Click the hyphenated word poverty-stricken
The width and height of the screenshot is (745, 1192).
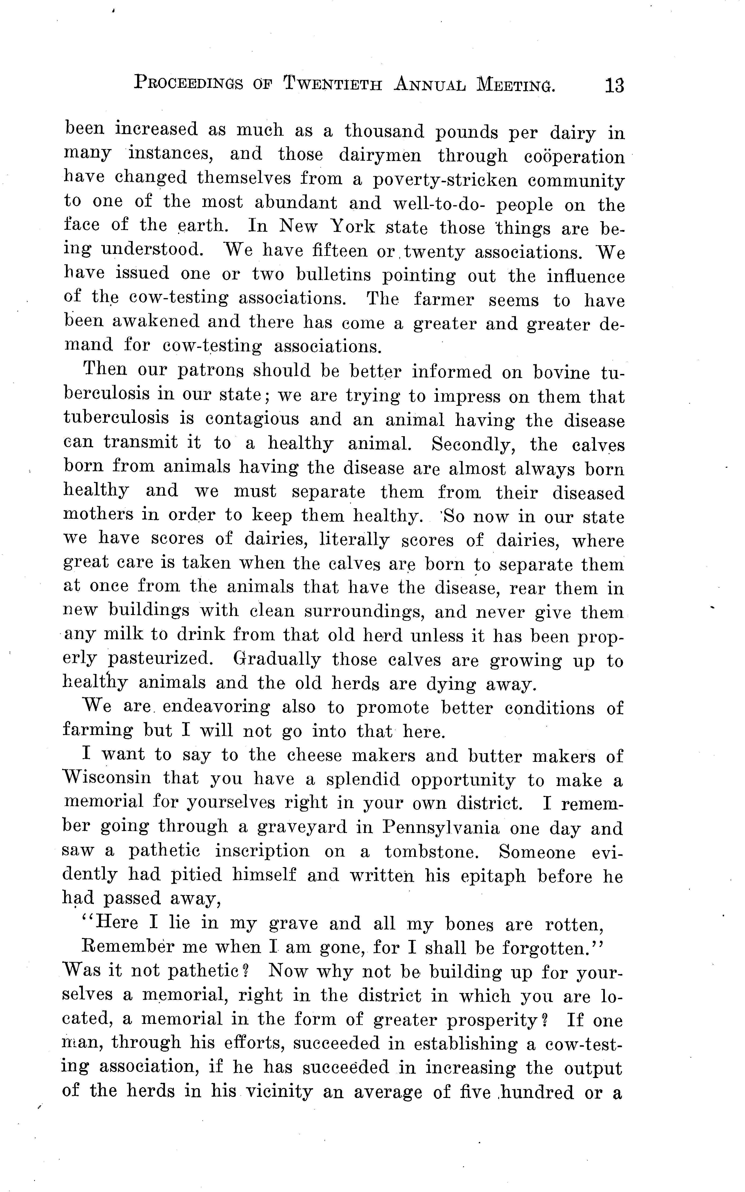(x=445, y=180)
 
